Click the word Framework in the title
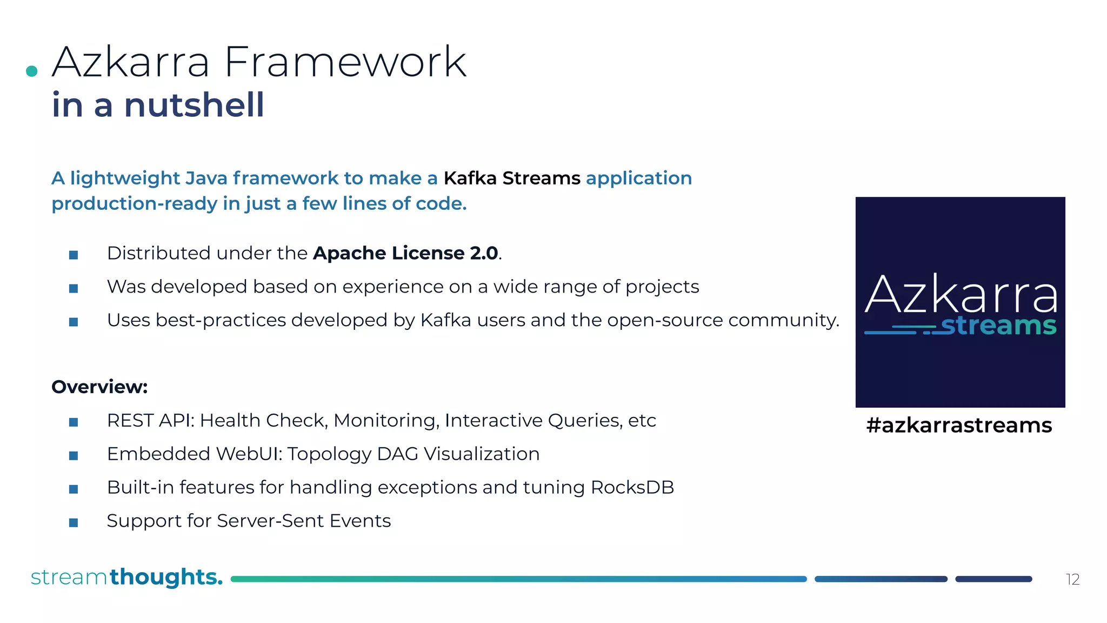345,63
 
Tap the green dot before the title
32,71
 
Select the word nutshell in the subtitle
194,105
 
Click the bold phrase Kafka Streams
511,178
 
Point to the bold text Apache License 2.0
405,253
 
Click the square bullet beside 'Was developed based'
74,288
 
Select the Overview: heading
99,387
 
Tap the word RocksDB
632,487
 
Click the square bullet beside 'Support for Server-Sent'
74,522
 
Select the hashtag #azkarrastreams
959,426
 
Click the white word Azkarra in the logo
961,295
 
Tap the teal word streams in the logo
998,326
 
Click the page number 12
1072,580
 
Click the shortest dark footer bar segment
993,579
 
